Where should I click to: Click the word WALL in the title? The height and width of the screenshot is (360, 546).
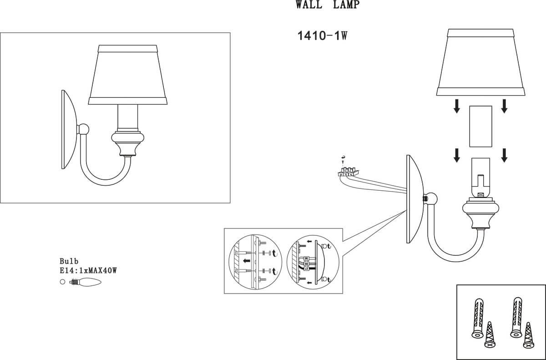(x=309, y=5)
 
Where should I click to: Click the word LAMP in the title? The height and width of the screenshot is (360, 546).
(x=346, y=5)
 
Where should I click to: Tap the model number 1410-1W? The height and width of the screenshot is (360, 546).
(x=322, y=36)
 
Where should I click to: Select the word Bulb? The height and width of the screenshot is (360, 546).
(x=69, y=261)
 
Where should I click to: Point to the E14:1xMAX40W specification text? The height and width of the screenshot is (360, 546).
(x=88, y=270)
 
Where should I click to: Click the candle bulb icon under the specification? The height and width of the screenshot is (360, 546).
(x=85, y=282)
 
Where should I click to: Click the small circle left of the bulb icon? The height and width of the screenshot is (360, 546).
(x=63, y=282)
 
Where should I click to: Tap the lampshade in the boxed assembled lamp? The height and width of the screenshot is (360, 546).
(x=128, y=75)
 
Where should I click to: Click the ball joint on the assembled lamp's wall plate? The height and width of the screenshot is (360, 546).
(x=83, y=129)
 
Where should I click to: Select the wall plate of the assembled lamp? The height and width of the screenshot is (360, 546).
(x=69, y=129)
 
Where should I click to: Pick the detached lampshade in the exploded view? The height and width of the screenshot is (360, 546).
(x=480, y=62)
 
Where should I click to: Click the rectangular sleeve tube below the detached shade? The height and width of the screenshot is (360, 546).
(x=480, y=126)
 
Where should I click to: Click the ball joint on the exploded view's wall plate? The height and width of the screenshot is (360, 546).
(x=431, y=198)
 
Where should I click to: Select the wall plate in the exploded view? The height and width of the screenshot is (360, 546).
(x=415, y=199)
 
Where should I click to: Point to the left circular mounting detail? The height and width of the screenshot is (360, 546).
(x=255, y=262)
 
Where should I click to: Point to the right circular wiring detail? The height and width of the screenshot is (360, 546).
(x=313, y=262)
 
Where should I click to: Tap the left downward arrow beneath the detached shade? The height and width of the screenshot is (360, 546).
(x=457, y=106)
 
